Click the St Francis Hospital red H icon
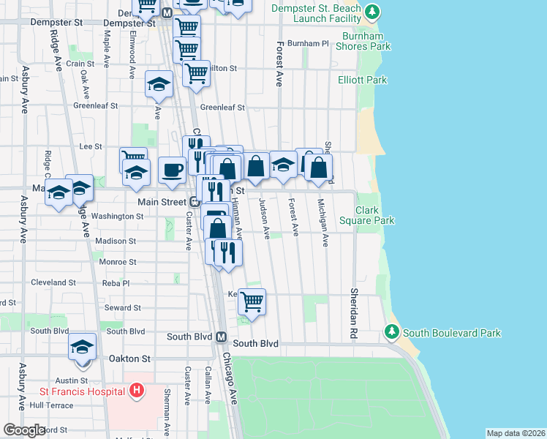(135, 391)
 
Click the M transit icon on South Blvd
(221, 337)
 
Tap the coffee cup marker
(172, 170)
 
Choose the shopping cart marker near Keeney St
(252, 301)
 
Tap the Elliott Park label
(362, 80)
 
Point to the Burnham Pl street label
(308, 44)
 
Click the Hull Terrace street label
(51, 405)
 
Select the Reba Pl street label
(116, 283)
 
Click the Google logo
(24, 430)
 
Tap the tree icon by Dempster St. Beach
(373, 12)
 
